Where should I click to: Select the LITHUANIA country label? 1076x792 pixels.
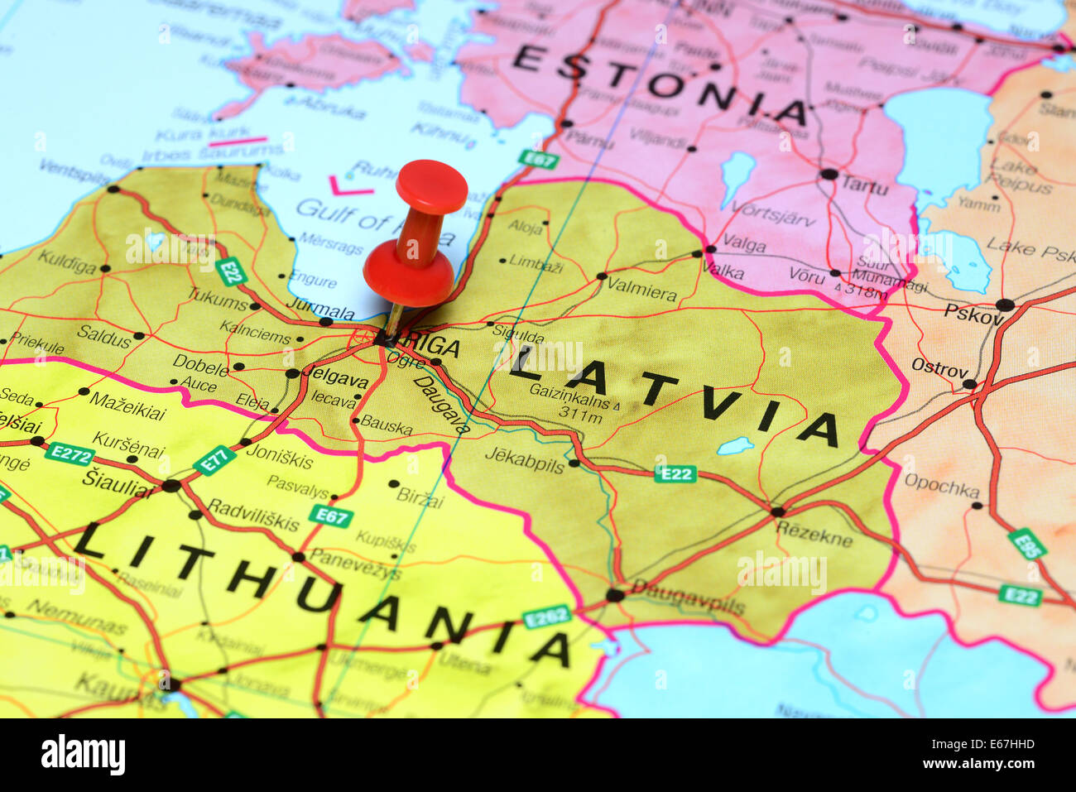pyautogui.click(x=322, y=593)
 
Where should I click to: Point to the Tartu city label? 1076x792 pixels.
pyautogui.click(x=864, y=185)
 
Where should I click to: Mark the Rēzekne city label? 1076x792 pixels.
pyautogui.click(x=814, y=535)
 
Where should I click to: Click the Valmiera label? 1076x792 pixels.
pyautogui.click(x=641, y=291)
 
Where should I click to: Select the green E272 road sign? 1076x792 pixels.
pyautogui.click(x=70, y=453)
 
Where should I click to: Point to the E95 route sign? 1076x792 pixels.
pyautogui.click(x=1026, y=544)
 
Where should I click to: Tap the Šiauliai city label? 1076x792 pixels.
pyautogui.click(x=118, y=484)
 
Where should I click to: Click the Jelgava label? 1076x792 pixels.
pyautogui.click(x=336, y=381)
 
